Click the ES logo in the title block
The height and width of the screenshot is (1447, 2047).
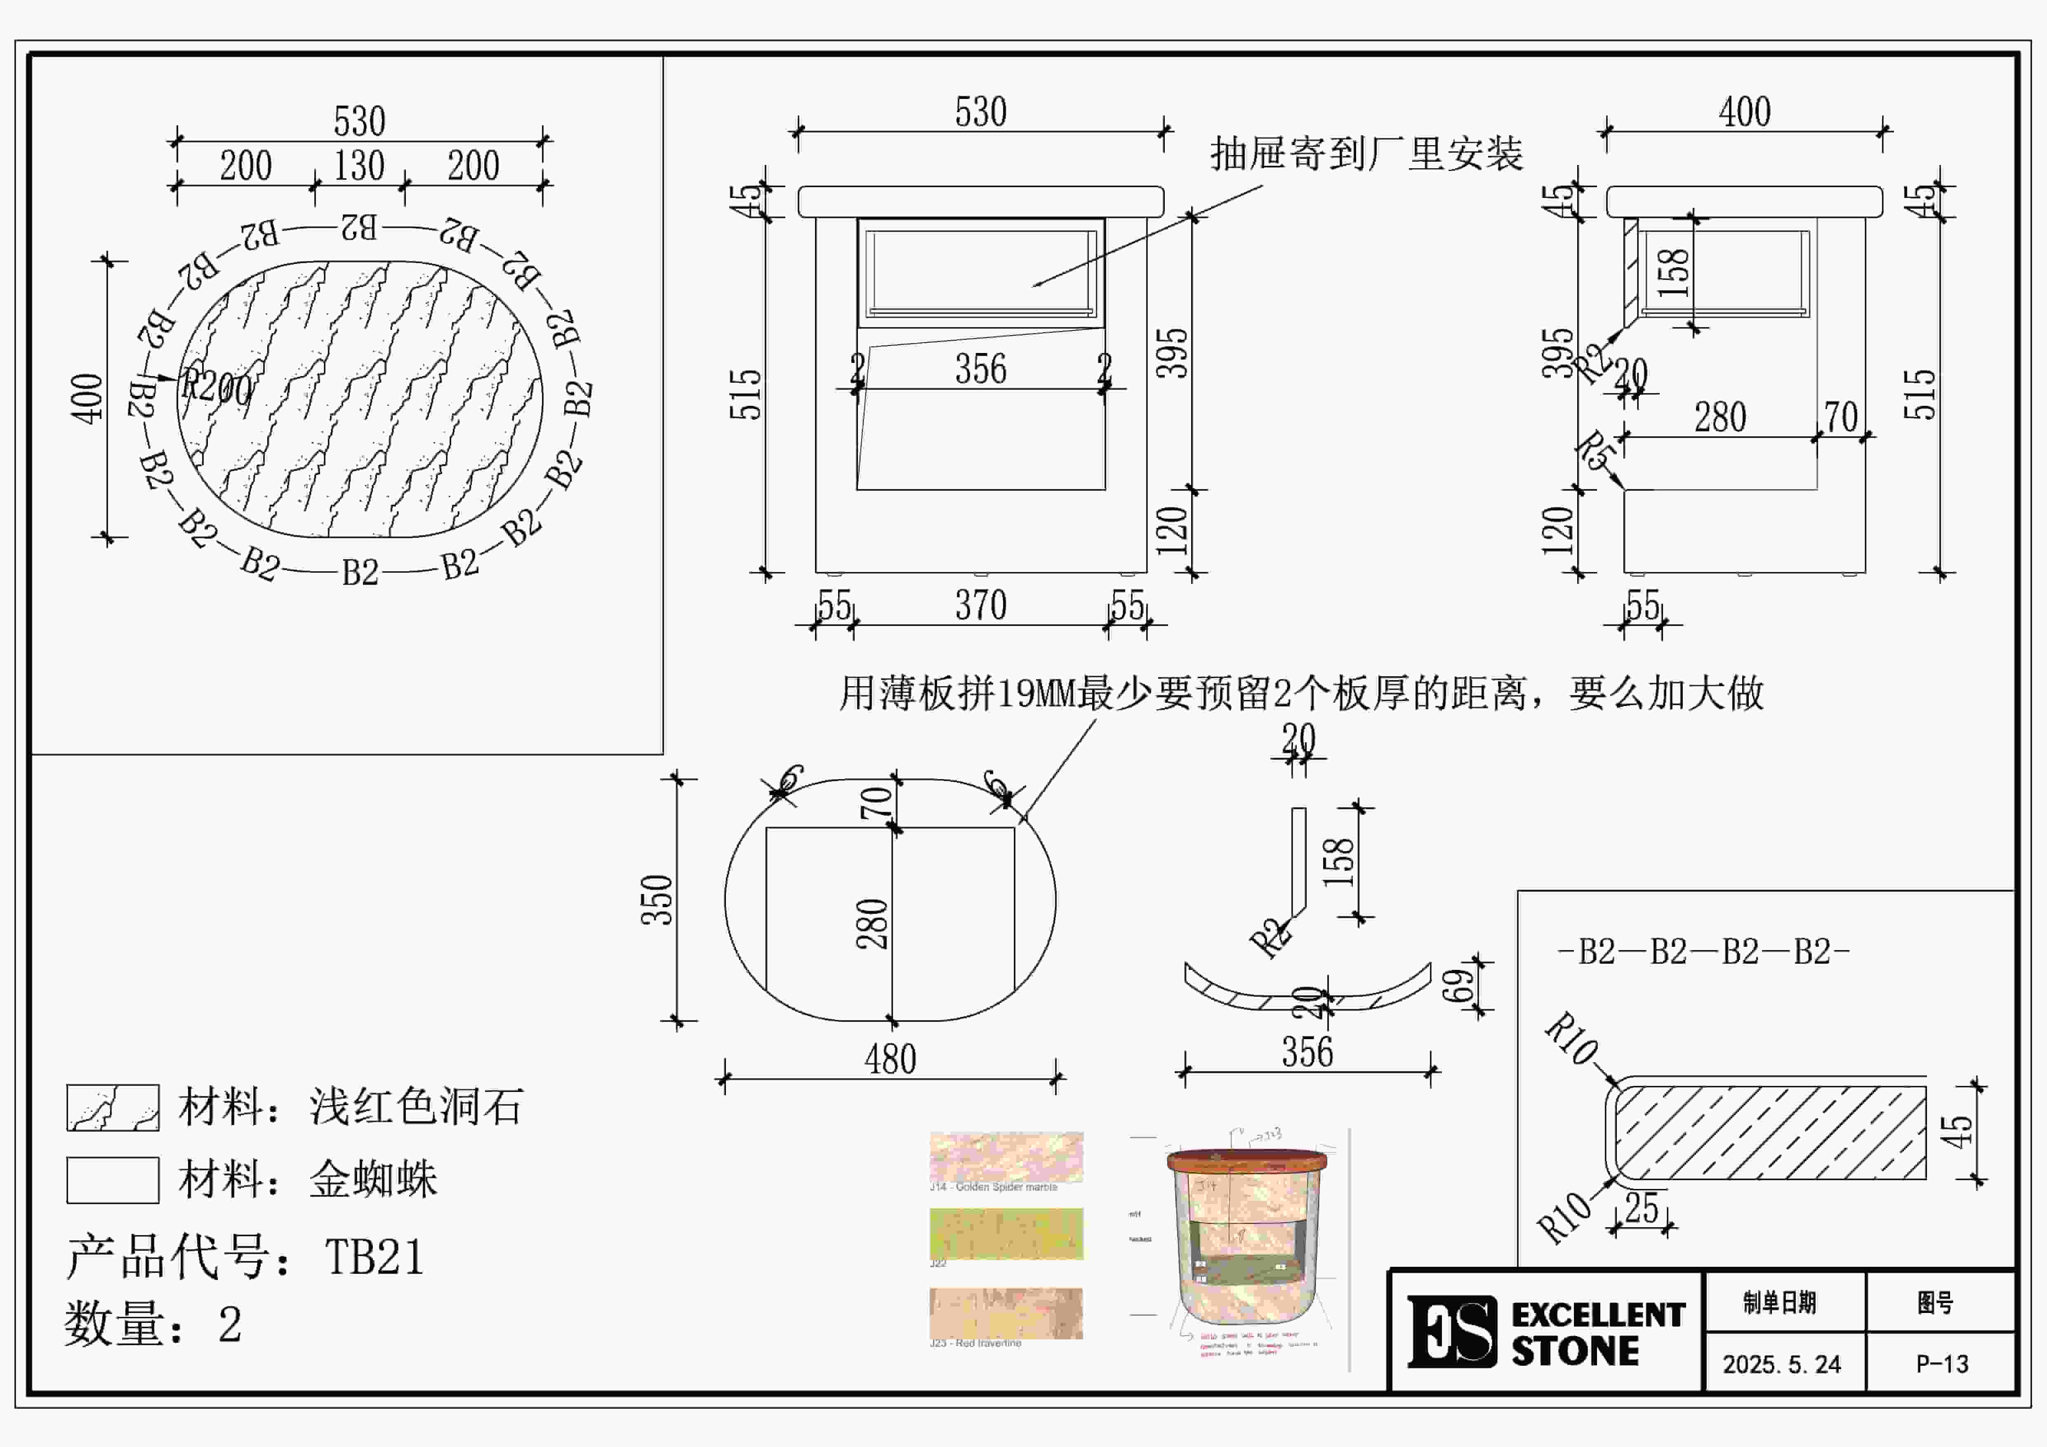tap(1451, 1331)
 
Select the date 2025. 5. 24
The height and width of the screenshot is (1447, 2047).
tap(1781, 1364)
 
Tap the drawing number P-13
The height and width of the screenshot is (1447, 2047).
tap(1942, 1364)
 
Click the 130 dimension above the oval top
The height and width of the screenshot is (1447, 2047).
tap(359, 166)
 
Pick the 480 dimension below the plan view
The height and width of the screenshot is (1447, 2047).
tap(890, 1059)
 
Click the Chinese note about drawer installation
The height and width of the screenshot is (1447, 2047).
tap(1366, 154)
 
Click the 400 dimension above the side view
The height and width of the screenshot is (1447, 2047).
tap(1744, 112)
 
